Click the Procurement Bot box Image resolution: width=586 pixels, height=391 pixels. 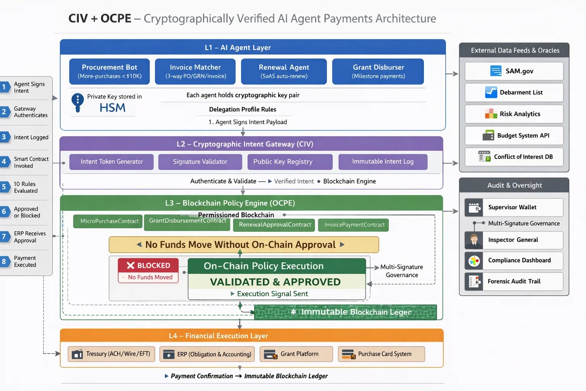pos(109,71)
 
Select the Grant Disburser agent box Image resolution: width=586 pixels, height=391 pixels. pos(378,71)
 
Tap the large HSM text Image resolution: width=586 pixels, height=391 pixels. pos(112,108)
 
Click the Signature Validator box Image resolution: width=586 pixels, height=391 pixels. pos(200,162)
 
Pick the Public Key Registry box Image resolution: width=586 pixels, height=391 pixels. pos(290,162)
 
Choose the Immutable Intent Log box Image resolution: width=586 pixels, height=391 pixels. pos(383,162)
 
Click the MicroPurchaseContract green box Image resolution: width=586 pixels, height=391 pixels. pos(108,221)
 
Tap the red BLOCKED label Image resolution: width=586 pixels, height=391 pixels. pos(148,265)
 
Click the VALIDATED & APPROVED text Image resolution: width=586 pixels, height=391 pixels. pos(275,282)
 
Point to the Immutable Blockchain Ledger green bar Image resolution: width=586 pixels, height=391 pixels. pos(345,312)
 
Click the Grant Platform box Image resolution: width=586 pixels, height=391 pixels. pos(296,354)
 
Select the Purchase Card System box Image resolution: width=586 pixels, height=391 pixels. pos(381,354)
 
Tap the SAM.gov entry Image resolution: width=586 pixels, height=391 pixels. pos(514,71)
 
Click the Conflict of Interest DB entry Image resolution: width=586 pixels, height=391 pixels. pos(514,157)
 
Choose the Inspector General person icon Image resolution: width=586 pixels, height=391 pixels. pos(474,240)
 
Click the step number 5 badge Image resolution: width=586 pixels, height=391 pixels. pos(4,187)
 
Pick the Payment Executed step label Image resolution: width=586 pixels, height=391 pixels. pos(25,262)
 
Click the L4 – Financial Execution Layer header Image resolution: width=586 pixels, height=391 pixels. pos(218,336)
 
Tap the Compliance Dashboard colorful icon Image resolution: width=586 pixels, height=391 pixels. pos(474,261)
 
